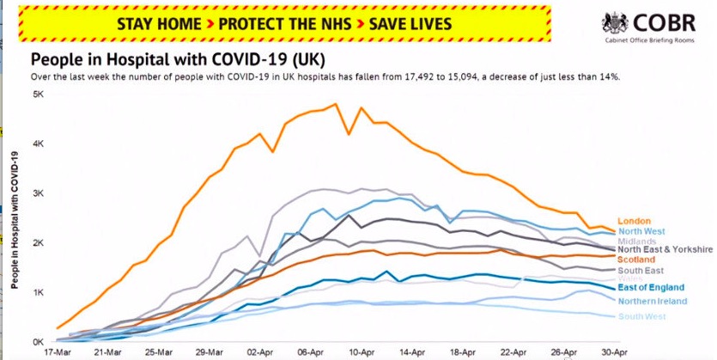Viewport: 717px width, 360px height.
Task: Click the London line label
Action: click(x=634, y=222)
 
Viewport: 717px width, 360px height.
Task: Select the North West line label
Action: click(x=641, y=232)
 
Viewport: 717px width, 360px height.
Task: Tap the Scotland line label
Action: click(x=637, y=259)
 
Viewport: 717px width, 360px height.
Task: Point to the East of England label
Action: click(x=651, y=287)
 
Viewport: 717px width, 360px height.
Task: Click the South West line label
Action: click(x=641, y=317)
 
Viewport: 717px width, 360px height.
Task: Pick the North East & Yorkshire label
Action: click(x=665, y=250)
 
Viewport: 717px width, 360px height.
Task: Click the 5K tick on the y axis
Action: click(x=39, y=94)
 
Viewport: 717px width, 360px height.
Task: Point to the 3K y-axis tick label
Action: click(x=39, y=193)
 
